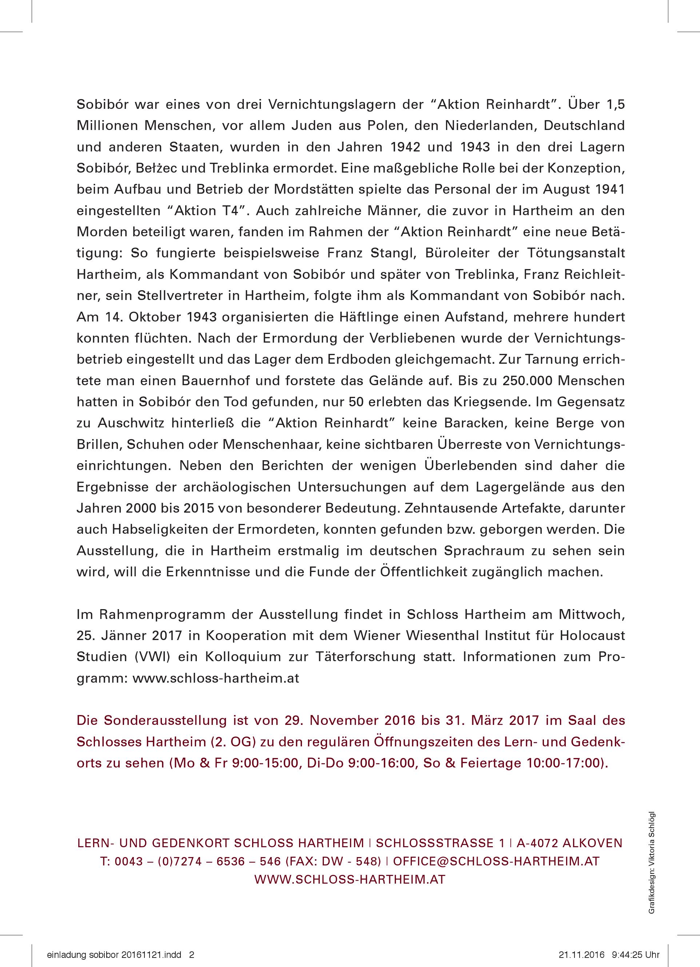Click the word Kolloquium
tap(244, 656)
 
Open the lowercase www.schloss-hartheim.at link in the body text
tap(216, 678)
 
